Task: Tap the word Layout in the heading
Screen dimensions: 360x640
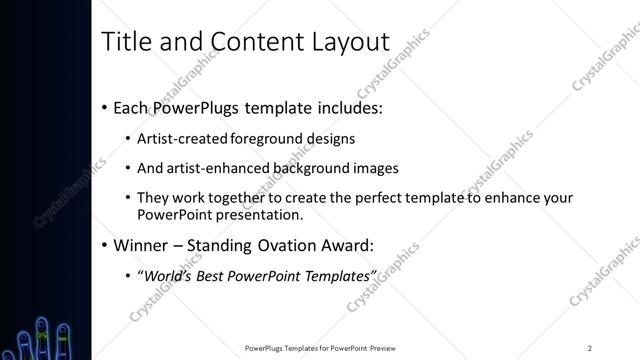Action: point(346,41)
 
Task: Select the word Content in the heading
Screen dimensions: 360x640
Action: point(249,41)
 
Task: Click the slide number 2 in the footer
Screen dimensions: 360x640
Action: point(589,347)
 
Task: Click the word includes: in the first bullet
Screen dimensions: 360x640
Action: point(343,106)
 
